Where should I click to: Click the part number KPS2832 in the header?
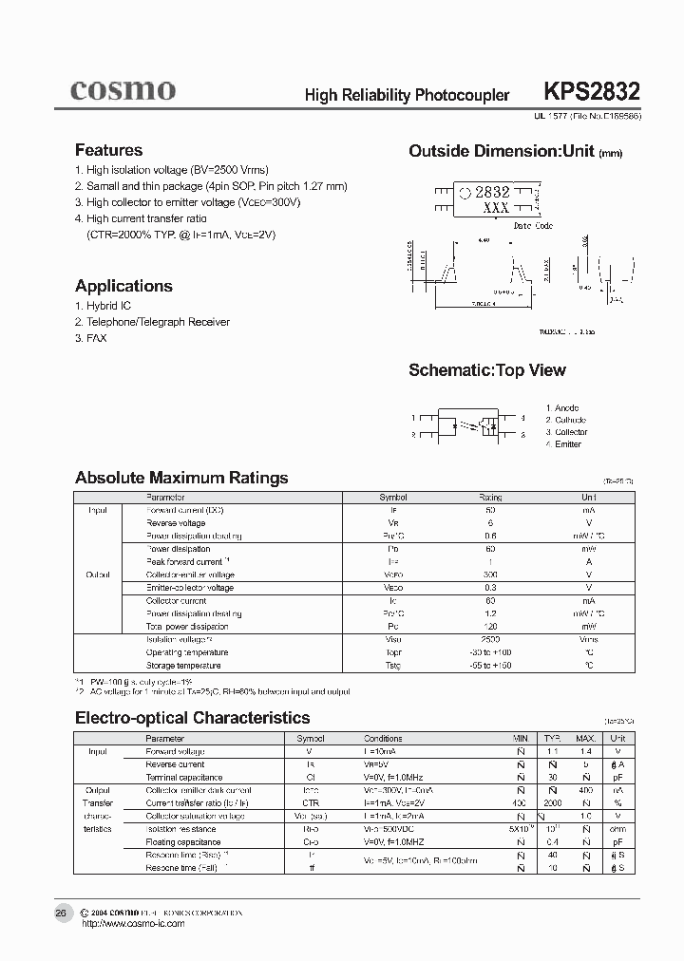coord(592,92)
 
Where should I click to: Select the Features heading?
coord(108,150)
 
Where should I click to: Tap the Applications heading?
coord(123,286)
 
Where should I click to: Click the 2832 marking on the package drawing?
coord(492,192)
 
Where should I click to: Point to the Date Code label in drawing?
coord(533,226)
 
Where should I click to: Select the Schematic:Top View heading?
coord(486,370)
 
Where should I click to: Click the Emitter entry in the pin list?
coord(568,444)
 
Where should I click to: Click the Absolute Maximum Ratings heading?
coord(181,478)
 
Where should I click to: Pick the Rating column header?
coord(490,498)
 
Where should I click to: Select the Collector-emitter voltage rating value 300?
coord(490,575)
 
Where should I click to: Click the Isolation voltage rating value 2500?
coord(490,639)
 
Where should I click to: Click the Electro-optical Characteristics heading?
coord(192,718)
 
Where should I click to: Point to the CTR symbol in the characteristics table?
coord(310,802)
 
